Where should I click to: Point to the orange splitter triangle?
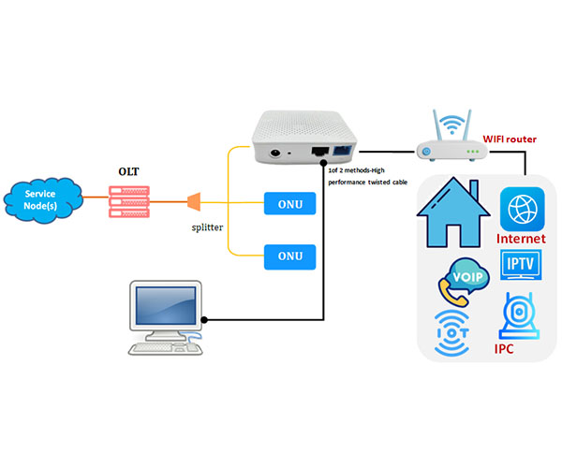click(x=194, y=201)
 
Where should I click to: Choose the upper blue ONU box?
click(x=288, y=202)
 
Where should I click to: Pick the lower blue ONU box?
click(x=288, y=255)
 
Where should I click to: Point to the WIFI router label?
click(x=509, y=139)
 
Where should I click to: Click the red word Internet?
click(x=522, y=240)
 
